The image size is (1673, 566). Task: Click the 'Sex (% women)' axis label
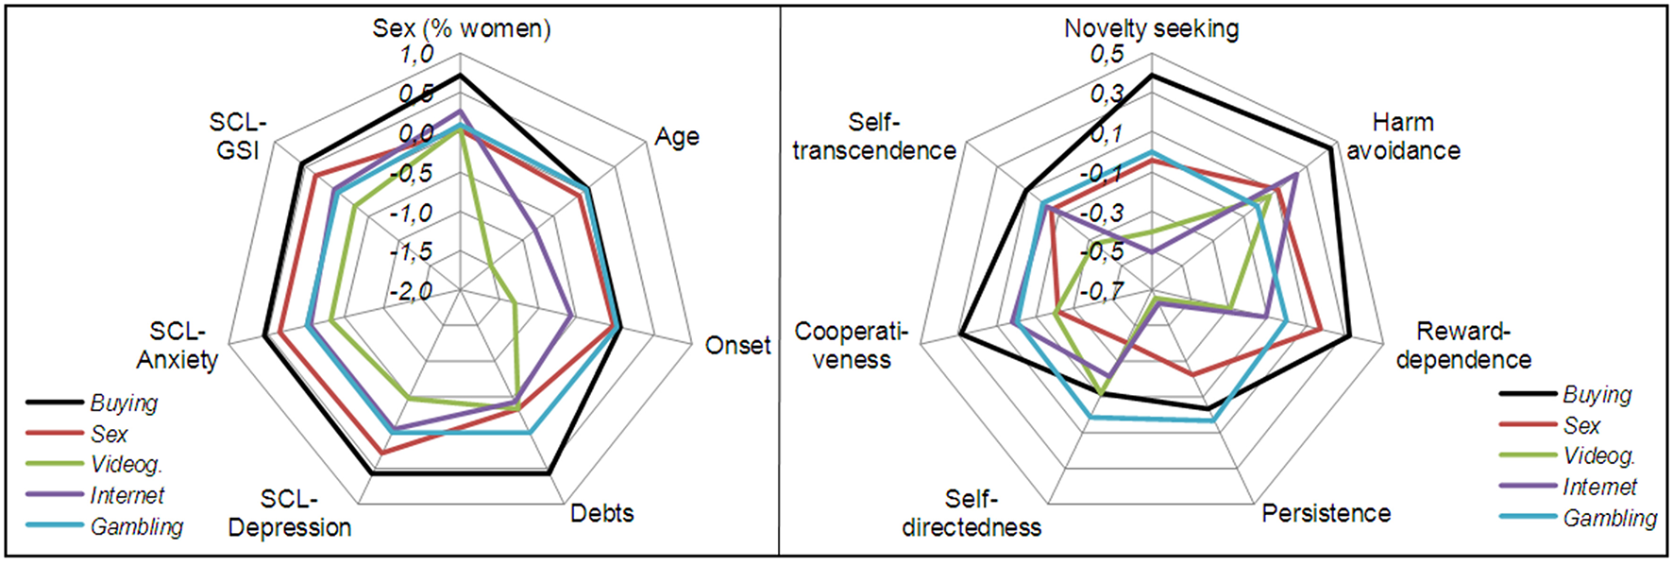461,28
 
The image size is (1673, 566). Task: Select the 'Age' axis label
677,137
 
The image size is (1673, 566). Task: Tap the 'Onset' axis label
737,346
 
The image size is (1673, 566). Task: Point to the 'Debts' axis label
601,513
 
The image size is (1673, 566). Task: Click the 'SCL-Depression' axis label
290,513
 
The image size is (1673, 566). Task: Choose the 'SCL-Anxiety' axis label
177,346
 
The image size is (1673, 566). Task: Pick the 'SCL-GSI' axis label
238,137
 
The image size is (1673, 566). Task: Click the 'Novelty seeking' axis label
1151,28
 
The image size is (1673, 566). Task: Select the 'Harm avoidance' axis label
1403,137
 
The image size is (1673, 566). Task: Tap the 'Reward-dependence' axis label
1463,346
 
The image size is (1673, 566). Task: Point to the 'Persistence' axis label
1326,513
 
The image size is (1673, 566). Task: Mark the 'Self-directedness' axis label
972,513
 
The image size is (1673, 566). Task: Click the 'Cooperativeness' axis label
851,346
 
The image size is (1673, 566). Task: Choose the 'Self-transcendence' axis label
874,137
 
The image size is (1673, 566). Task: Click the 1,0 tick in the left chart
415,55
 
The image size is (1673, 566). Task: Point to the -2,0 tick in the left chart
411,292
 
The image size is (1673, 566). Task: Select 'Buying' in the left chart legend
124,403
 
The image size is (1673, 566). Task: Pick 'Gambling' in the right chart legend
1610,519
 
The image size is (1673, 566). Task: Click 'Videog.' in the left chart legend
127,465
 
